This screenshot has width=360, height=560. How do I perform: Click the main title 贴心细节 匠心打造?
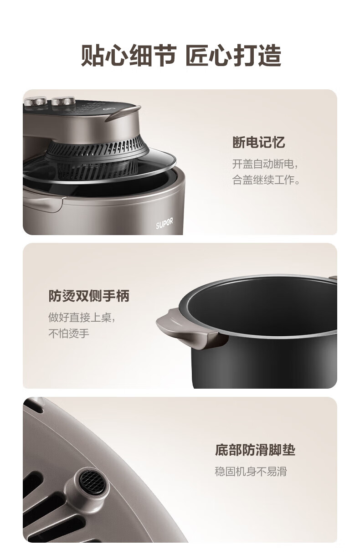coord(181,55)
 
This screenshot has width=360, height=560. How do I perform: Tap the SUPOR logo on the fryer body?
coord(164,224)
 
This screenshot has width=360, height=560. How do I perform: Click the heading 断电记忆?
coord(258,142)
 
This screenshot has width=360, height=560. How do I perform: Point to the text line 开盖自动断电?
coord(265,164)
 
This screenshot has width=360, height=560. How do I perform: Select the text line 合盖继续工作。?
coord(266,180)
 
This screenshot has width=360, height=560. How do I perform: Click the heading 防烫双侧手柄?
coord(89,296)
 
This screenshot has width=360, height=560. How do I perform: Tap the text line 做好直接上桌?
coord(82,318)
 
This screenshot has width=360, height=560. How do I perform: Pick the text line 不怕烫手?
coord(69,333)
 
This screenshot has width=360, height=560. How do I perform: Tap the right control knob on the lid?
coord(63,101)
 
